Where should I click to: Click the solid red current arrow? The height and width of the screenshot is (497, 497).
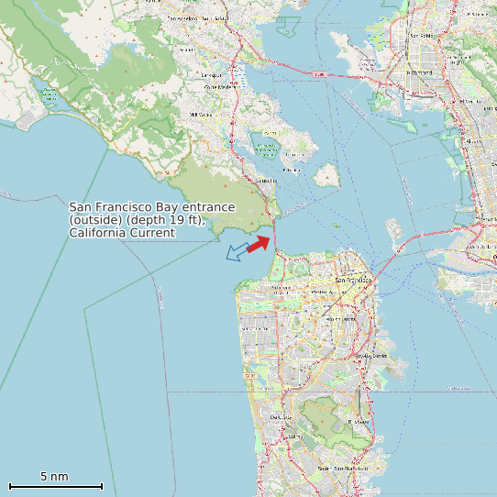pos(259,243)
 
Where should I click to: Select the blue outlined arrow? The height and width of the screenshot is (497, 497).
pos(239,250)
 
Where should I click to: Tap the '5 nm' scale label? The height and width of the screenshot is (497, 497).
pos(54,477)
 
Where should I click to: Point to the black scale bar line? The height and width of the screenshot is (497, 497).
pos(56,486)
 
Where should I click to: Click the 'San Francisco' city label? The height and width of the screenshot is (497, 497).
pos(353,280)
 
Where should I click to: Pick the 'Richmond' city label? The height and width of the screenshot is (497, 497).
pos(418,71)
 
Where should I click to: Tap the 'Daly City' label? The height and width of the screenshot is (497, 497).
pos(281,416)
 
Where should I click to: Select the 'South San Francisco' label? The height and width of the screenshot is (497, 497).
pos(343,469)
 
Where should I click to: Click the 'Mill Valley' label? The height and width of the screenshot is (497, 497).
pos(200,115)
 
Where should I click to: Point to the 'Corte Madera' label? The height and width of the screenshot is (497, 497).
pos(219,87)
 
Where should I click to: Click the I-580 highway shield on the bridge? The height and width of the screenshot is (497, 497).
pos(319,74)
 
